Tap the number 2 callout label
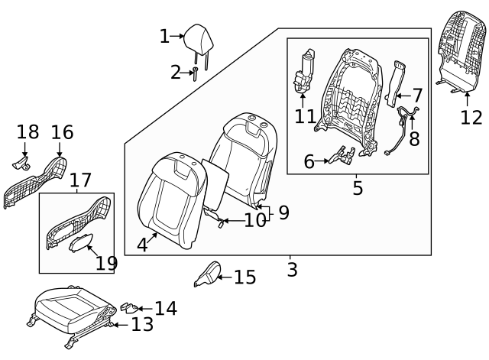click(176, 73)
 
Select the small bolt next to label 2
click(196, 73)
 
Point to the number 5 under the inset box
click(358, 188)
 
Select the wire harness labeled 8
click(402, 128)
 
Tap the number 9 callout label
click(283, 213)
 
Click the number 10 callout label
click(255, 221)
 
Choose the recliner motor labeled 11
click(306, 72)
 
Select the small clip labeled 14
click(128, 306)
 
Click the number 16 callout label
click(62, 133)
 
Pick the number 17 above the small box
click(80, 181)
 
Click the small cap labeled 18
click(21, 162)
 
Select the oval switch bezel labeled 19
click(80, 242)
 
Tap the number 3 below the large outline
click(292, 270)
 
